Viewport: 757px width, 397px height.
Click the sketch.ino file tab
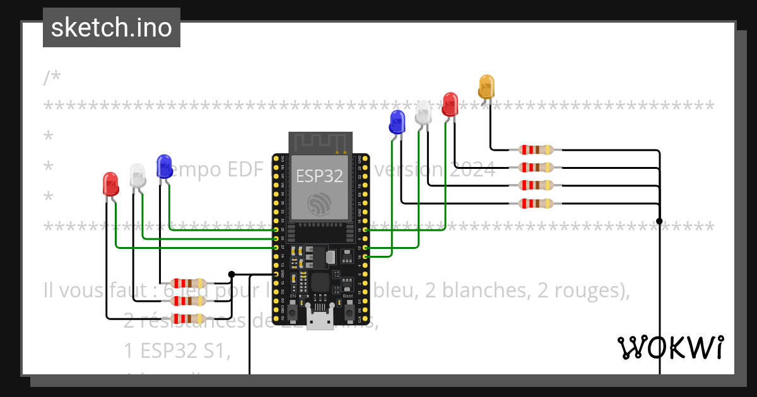tap(112, 28)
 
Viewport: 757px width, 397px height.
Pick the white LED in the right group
tap(423, 112)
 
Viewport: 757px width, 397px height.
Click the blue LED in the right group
tap(397, 122)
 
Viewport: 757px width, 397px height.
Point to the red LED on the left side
tap(110, 183)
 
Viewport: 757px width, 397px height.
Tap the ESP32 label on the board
tap(319, 176)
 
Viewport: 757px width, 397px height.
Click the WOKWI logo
tap(670, 347)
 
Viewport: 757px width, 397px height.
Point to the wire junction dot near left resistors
tap(232, 274)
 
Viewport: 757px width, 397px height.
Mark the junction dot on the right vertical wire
tap(659, 221)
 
